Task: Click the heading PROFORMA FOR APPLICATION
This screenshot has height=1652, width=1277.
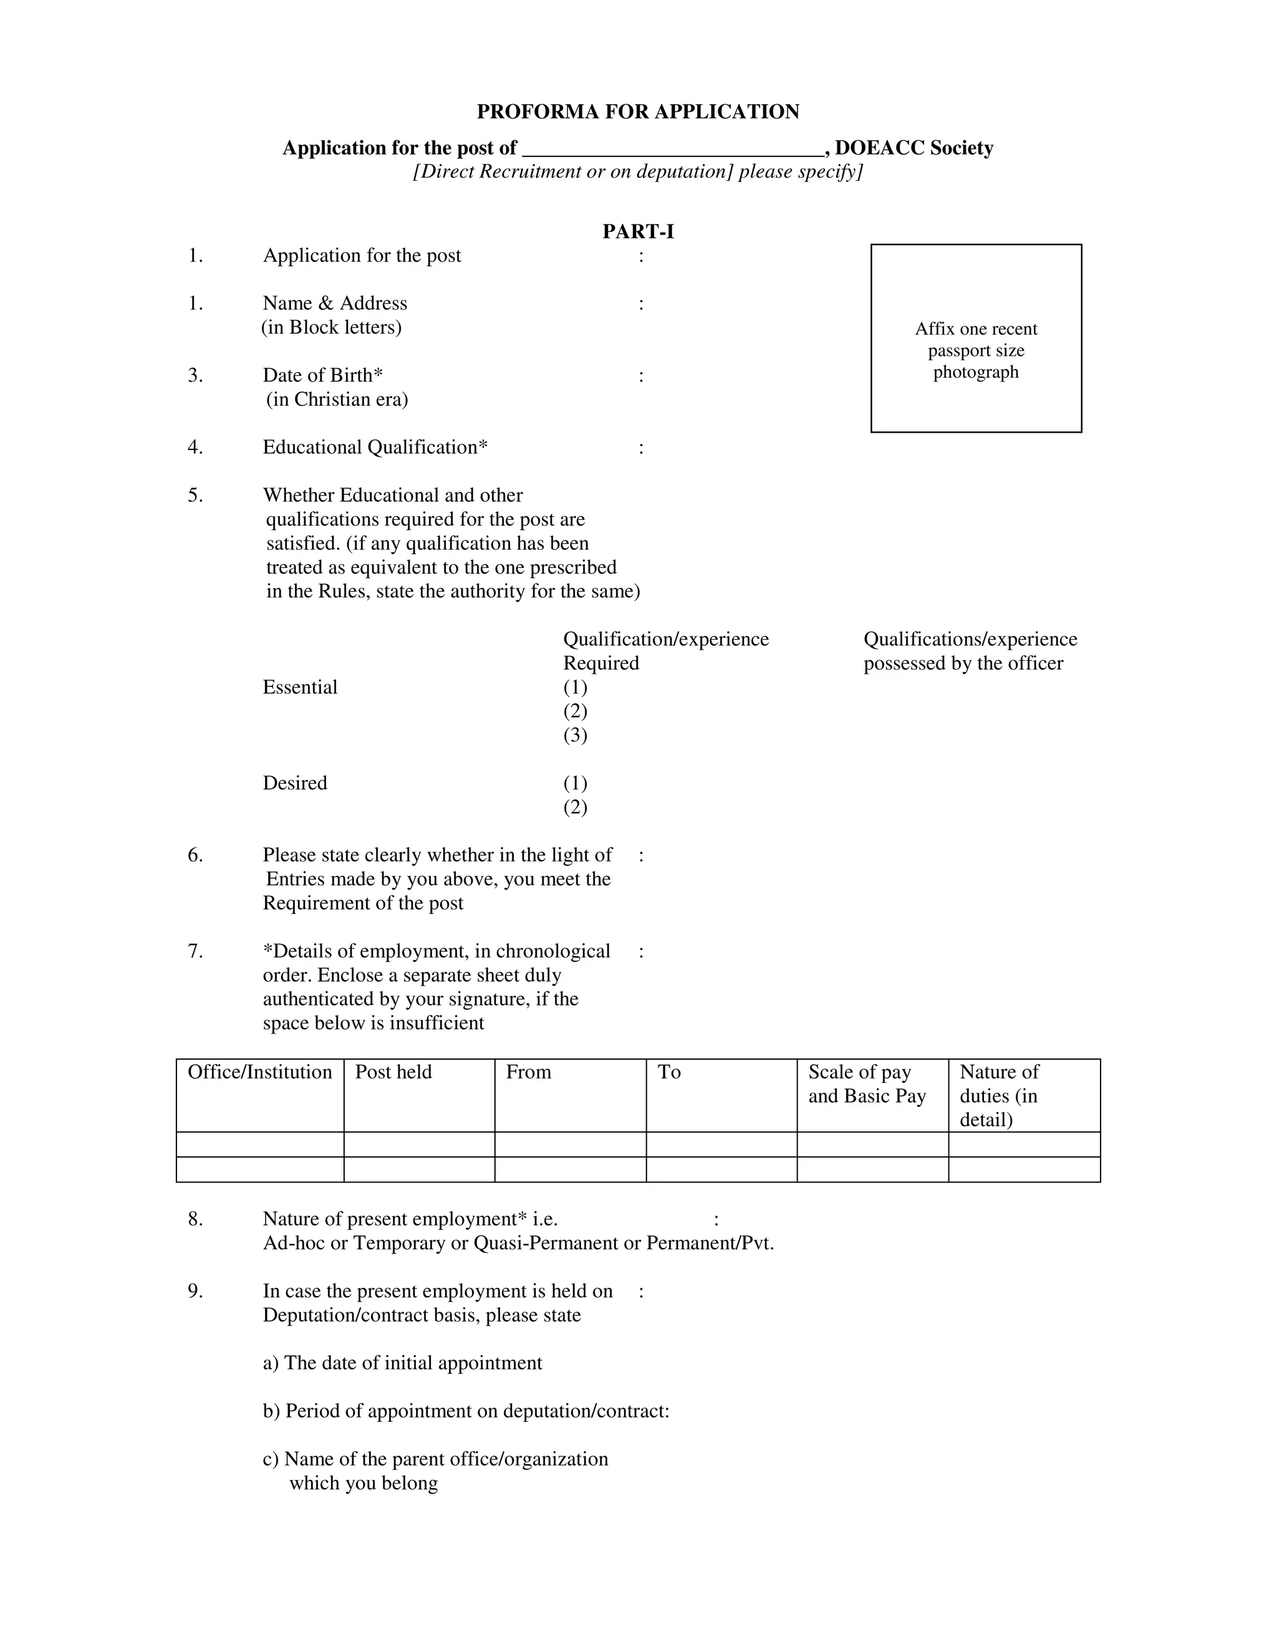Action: [638, 112]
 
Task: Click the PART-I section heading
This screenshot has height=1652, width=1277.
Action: [638, 231]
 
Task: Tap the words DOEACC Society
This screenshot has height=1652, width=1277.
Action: [914, 148]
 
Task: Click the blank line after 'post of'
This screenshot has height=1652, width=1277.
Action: [673, 148]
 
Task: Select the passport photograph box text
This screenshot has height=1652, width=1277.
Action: [975, 350]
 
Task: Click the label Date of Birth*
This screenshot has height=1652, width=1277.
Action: [322, 375]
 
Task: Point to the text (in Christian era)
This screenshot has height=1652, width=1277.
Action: [337, 400]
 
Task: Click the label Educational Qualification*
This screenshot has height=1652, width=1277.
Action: [375, 447]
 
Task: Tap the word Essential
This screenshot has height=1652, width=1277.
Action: [299, 687]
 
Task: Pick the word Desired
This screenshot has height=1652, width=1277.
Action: [294, 783]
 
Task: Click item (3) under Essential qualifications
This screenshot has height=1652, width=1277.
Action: [575, 735]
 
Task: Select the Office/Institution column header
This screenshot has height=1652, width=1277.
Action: [259, 1072]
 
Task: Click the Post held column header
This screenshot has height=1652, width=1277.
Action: [393, 1072]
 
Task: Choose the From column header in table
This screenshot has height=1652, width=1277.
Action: [528, 1072]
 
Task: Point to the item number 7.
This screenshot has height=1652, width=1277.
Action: [195, 951]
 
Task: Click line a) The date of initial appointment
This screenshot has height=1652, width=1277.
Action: [402, 1363]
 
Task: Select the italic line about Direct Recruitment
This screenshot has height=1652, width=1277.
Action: [638, 171]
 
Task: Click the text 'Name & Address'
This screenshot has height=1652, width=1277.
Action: [334, 304]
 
